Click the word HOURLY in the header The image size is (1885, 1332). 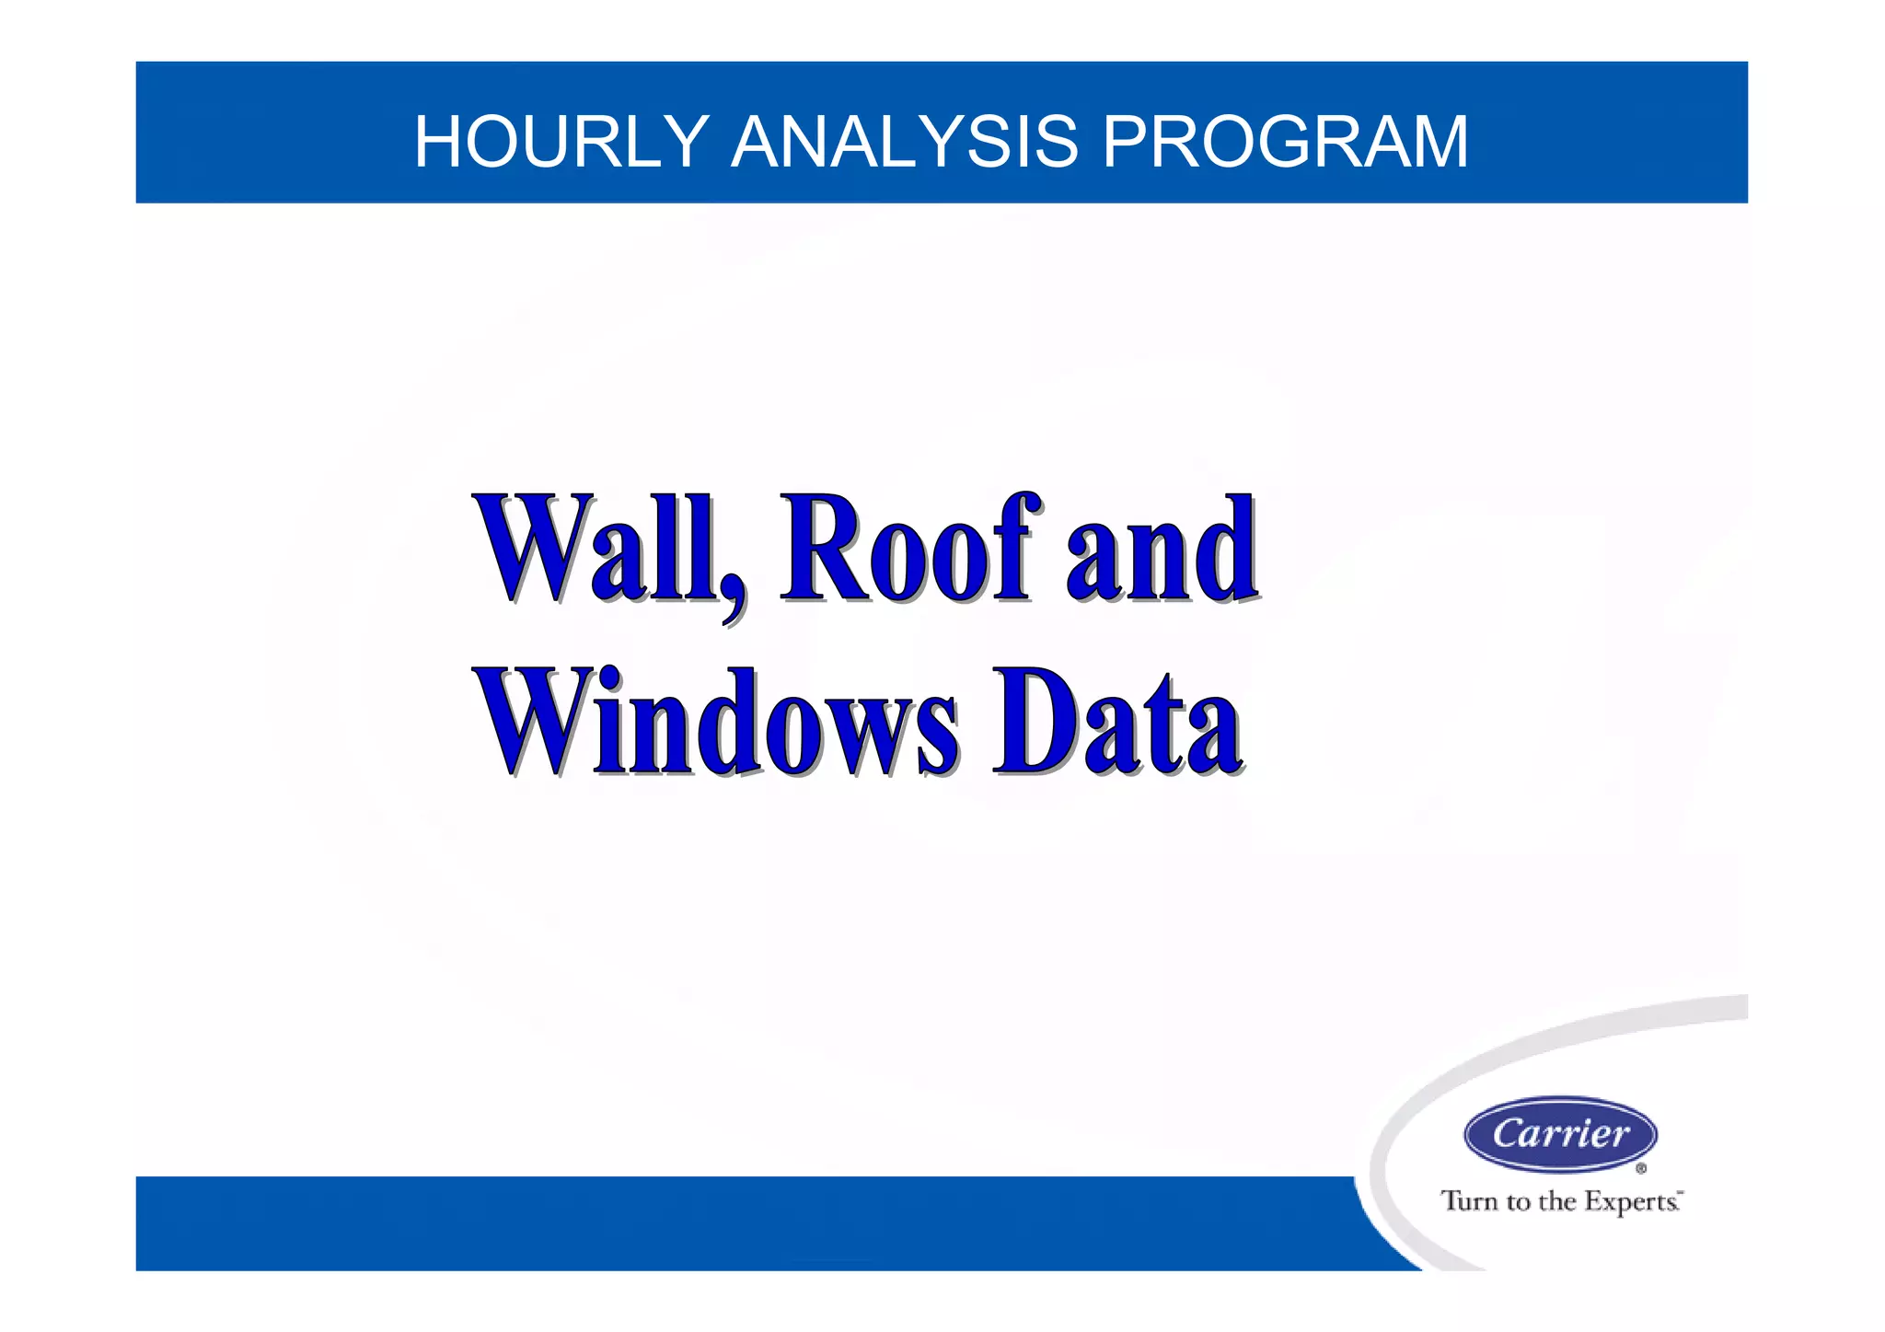[x=561, y=142]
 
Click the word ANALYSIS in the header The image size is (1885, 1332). [x=904, y=142]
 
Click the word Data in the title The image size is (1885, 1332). [x=1116, y=723]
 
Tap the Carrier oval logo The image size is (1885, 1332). [x=1560, y=1134]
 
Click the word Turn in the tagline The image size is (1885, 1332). [x=1470, y=1201]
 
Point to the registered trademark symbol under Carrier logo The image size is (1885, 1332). [x=1641, y=1169]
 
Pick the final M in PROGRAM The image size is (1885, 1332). [x=1439, y=142]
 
